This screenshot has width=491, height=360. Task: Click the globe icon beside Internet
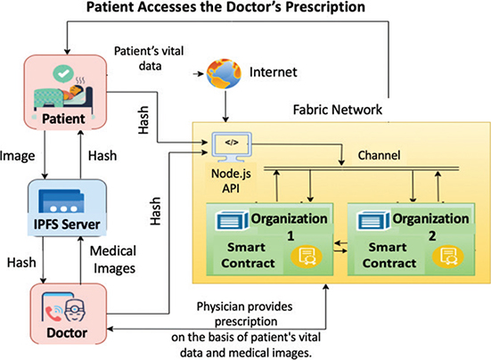pyautogui.click(x=224, y=73)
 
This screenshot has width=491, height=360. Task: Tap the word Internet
pyautogui.click(x=273, y=72)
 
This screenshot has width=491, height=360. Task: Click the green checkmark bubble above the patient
pyautogui.click(x=63, y=74)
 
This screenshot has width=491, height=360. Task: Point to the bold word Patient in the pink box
pyautogui.click(x=63, y=119)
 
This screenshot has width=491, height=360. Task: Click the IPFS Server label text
pyautogui.click(x=67, y=225)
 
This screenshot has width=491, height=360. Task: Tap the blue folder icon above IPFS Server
pyautogui.click(x=61, y=201)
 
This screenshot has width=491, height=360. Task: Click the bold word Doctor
pyautogui.click(x=67, y=332)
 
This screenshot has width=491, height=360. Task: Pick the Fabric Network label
pyautogui.click(x=338, y=110)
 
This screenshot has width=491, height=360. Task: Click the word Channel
pyautogui.click(x=379, y=155)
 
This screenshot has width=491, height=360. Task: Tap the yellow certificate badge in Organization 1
pyautogui.click(x=307, y=256)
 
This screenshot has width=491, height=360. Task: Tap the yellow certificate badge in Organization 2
pyautogui.click(x=448, y=256)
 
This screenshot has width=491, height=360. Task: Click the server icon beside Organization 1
pyautogui.click(x=232, y=220)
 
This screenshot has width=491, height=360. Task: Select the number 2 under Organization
pyautogui.click(x=432, y=236)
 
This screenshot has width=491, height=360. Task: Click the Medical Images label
pyautogui.click(x=113, y=259)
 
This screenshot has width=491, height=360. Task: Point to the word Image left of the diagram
pyautogui.click(x=18, y=156)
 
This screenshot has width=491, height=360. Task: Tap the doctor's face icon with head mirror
pyautogui.click(x=75, y=310)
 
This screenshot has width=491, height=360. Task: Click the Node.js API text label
pyautogui.click(x=231, y=181)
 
